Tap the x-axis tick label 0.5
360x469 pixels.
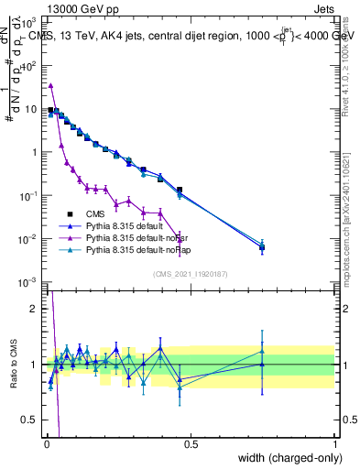(191, 443)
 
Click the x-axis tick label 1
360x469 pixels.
(335, 443)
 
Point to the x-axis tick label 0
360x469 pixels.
(47, 443)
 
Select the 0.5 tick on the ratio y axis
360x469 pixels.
(29, 422)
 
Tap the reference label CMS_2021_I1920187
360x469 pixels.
(191, 275)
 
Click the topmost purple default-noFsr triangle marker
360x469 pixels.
(50, 85)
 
